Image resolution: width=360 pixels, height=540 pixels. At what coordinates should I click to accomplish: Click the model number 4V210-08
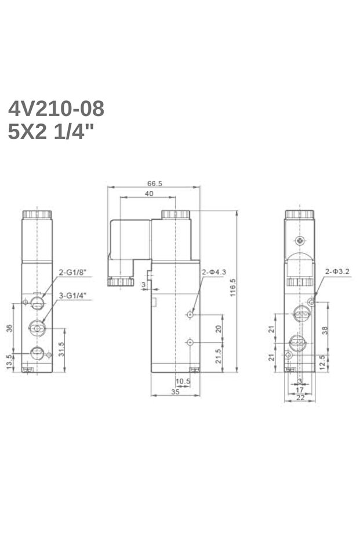tap(56, 108)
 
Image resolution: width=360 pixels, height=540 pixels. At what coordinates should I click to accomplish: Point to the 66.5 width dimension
tap(154, 183)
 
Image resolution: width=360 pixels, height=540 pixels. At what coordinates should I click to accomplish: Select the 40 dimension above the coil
tap(149, 194)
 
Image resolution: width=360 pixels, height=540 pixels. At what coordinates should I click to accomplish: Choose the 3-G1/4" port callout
tap(72, 295)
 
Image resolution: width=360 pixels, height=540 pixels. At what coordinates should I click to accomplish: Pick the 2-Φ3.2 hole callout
tap(337, 271)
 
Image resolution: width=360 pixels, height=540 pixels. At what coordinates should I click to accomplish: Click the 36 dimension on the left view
tap(9, 328)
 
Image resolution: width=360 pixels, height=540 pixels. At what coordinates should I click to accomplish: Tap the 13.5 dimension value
tap(9, 361)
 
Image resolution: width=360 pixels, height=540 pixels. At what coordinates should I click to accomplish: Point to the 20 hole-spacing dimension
tap(219, 328)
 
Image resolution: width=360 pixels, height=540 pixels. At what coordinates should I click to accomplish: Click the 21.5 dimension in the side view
tap(219, 356)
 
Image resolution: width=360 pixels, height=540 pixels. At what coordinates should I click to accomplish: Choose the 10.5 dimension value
tap(183, 381)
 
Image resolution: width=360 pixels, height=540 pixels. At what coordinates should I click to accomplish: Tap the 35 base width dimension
tap(175, 392)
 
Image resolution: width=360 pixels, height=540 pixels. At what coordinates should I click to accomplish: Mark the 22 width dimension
tap(300, 397)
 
